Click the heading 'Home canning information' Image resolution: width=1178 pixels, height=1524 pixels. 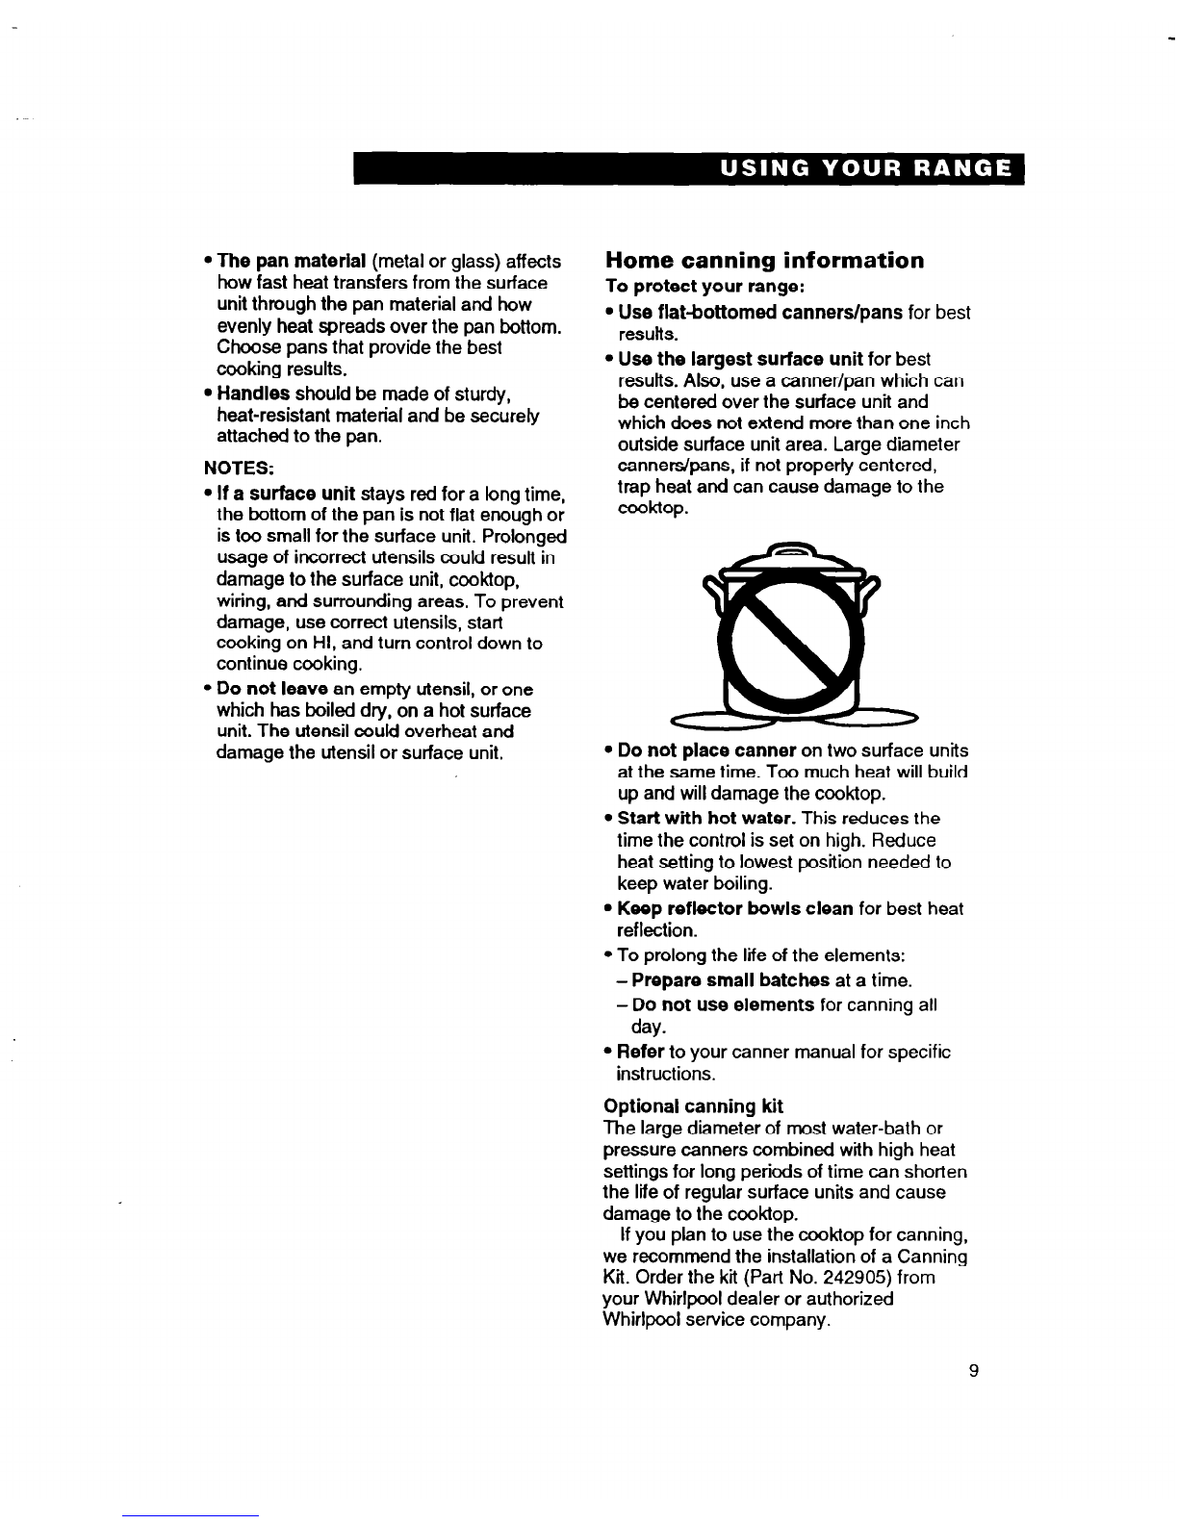pos(764,261)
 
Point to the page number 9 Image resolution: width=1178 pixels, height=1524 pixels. pos(974,1372)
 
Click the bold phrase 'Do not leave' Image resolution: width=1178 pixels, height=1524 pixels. pos(273,689)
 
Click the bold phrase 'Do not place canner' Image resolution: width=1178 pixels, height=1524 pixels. pos(705,750)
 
